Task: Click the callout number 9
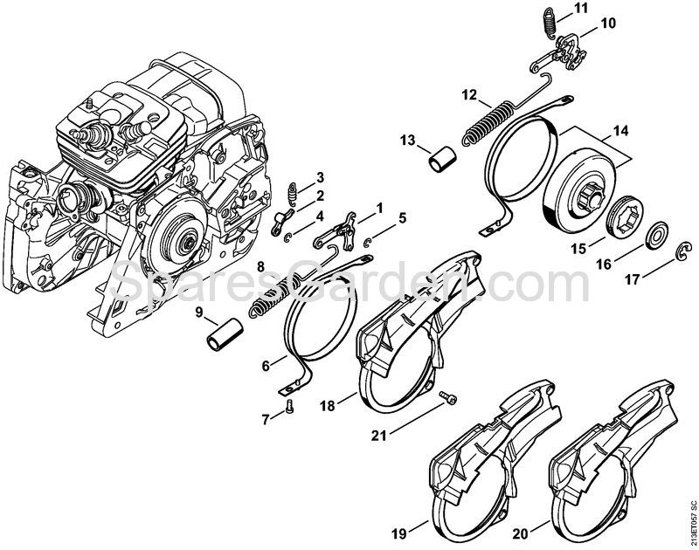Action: [199, 312]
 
